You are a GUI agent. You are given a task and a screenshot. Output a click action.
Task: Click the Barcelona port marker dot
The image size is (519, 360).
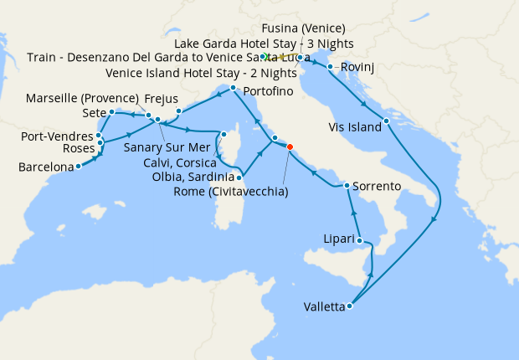tap(78, 166)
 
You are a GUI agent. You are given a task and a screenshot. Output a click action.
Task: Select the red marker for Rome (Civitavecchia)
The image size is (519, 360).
tap(290, 147)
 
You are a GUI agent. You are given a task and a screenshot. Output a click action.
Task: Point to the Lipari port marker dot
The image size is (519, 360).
tap(362, 241)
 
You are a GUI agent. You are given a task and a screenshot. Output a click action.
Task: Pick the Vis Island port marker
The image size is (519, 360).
tap(386, 122)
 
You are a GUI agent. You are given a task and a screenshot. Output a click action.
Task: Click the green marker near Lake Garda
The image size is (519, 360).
tap(264, 57)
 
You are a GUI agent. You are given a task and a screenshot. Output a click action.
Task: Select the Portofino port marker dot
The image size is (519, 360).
tap(232, 87)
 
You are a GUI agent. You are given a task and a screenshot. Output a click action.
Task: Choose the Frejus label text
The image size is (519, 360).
tap(162, 98)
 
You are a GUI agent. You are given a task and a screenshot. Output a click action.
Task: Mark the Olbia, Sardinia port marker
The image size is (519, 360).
tap(240, 177)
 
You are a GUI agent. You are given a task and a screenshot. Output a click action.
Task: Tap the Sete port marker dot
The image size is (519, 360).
tap(111, 111)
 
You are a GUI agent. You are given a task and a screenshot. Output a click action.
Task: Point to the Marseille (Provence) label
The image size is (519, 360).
tap(80, 98)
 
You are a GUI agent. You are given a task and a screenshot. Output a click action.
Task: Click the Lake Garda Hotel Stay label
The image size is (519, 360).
tap(264, 43)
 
